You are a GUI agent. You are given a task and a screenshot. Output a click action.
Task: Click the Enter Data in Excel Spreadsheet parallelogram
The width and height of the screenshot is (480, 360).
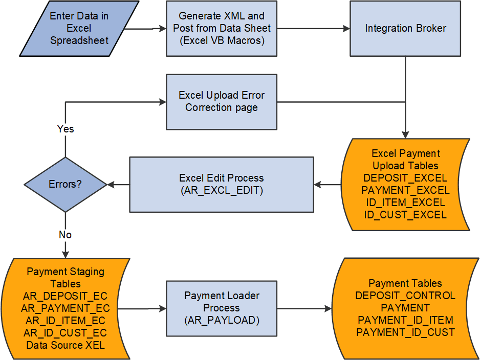pyautogui.click(x=79, y=28)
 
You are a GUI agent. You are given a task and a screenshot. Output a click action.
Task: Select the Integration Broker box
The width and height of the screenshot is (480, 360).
pyautogui.click(x=405, y=28)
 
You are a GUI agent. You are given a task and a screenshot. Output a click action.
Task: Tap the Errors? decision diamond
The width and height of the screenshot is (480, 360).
pyautogui.click(x=65, y=184)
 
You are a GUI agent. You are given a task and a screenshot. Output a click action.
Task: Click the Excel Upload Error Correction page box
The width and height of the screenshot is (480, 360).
pyautogui.click(x=221, y=101)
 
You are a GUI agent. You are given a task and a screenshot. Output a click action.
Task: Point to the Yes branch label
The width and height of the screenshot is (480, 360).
pyautogui.click(x=65, y=129)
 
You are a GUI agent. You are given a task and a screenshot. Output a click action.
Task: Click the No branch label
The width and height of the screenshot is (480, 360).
pyautogui.click(x=65, y=235)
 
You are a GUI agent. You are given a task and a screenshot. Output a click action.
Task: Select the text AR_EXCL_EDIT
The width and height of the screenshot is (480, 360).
pyautogui.click(x=222, y=190)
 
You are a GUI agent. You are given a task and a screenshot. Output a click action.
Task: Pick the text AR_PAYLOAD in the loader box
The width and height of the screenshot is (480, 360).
pyautogui.click(x=222, y=320)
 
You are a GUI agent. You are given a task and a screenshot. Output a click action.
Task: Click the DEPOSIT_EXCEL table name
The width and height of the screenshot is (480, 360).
pyautogui.click(x=405, y=178)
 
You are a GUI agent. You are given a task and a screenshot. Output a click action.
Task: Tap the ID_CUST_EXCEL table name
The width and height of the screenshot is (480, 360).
pyautogui.click(x=405, y=215)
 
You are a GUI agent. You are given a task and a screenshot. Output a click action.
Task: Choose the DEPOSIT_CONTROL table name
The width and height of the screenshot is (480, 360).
pyautogui.click(x=405, y=296)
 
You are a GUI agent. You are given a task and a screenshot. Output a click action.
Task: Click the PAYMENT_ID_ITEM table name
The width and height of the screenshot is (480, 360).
pyautogui.click(x=405, y=320)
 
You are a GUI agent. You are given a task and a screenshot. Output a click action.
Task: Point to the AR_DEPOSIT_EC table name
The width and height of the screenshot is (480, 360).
pyautogui.click(x=65, y=296)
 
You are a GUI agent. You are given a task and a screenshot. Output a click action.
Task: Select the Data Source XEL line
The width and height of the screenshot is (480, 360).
pyautogui.click(x=65, y=345)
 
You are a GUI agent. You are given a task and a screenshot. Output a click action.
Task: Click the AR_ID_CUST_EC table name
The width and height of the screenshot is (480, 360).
pyautogui.click(x=65, y=333)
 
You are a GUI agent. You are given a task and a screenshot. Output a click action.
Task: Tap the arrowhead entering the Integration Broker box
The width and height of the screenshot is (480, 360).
pyautogui.click(x=346, y=29)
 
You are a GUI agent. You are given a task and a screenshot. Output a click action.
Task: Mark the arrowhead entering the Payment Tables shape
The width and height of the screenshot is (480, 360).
pyautogui.click(x=329, y=308)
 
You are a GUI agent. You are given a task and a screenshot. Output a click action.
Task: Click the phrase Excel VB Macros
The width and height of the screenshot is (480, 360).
pyautogui.click(x=222, y=40)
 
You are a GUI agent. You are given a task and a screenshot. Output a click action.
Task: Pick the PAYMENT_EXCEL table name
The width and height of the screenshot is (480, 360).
pyautogui.click(x=405, y=190)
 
